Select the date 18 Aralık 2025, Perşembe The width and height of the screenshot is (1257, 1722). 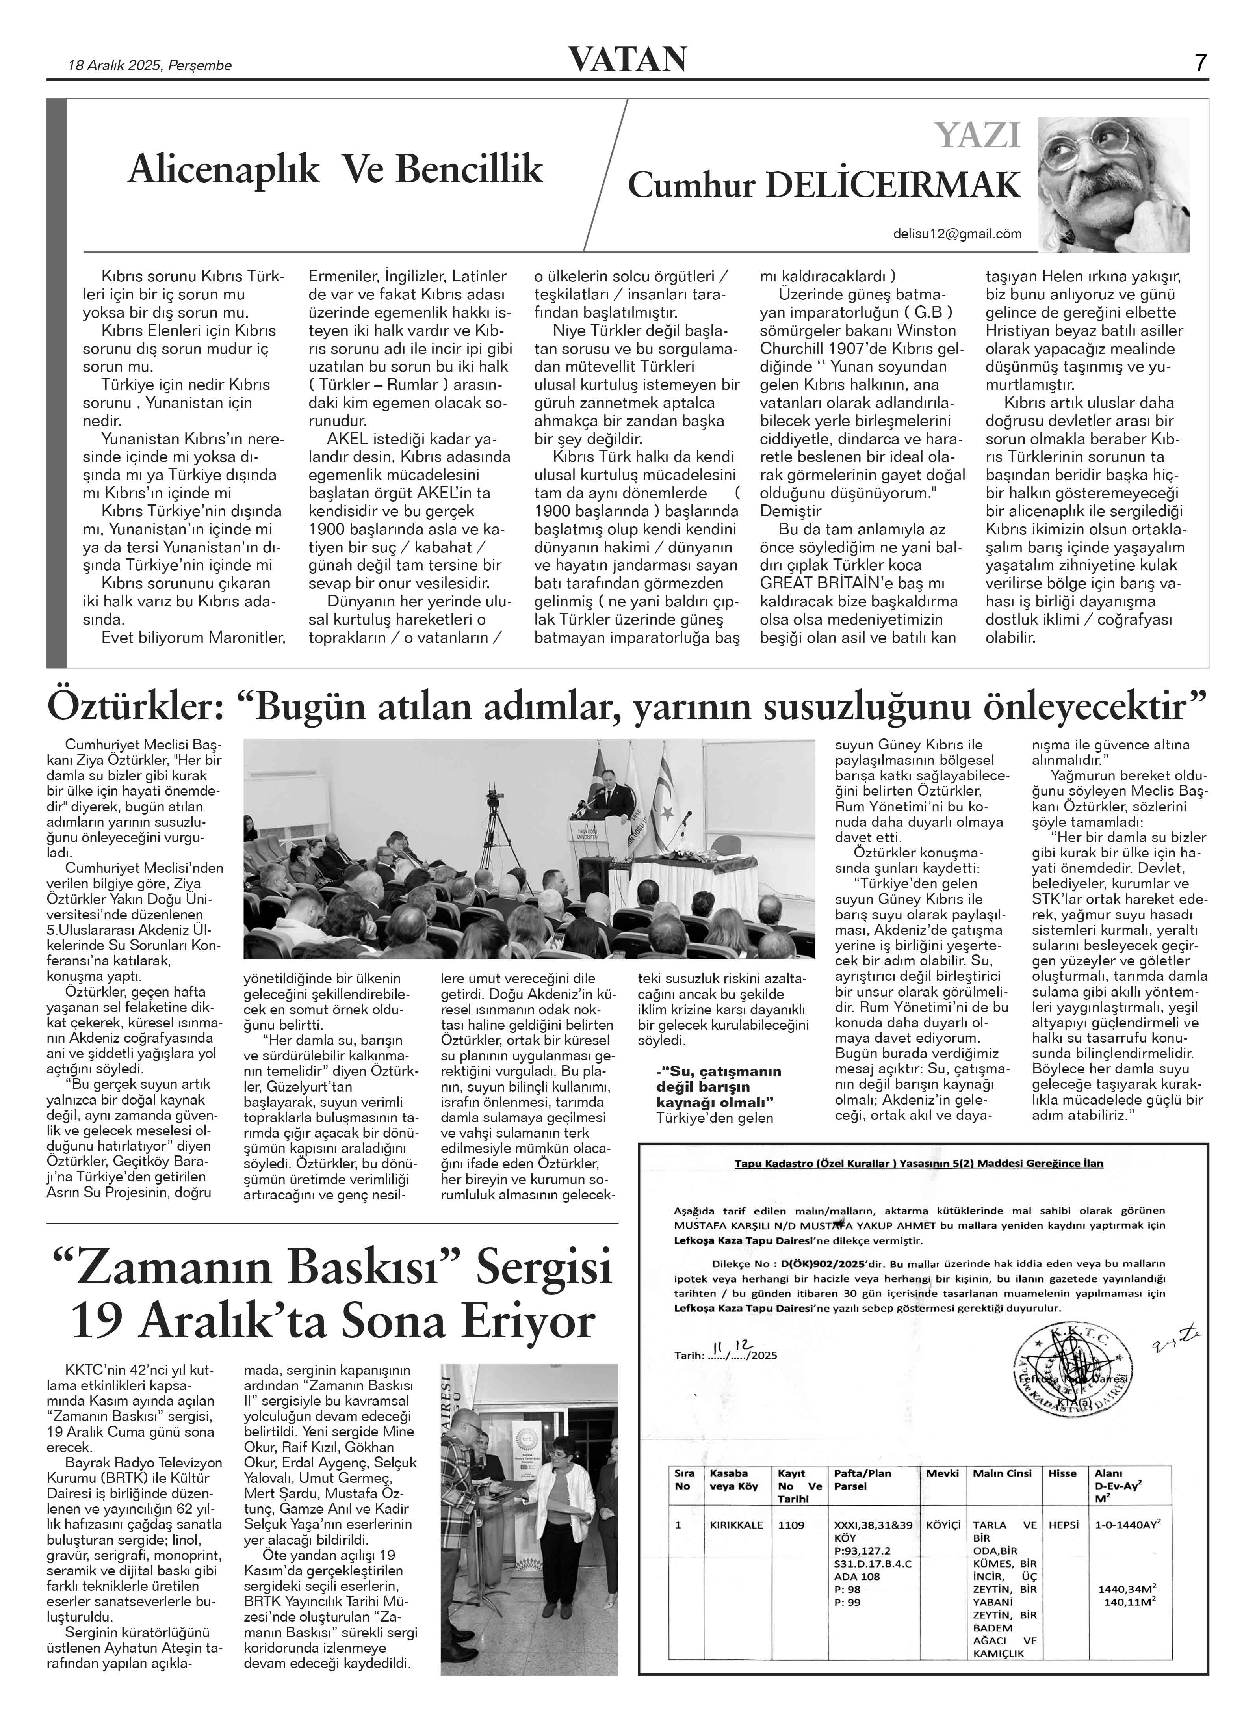tap(150, 65)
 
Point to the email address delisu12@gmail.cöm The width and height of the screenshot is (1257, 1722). tap(956, 234)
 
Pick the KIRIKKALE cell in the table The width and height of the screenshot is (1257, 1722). tap(736, 1525)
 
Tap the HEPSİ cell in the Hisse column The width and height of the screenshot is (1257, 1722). tap(1063, 1525)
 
